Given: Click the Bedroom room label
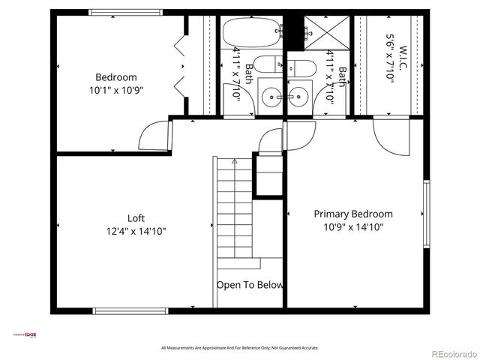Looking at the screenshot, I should click(x=116, y=77).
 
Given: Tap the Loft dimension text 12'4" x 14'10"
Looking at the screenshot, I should click(x=136, y=232).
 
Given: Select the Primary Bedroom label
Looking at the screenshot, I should click(x=352, y=214).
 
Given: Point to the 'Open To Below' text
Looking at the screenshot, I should click(x=250, y=285).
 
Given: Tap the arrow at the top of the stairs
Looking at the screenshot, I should click(x=235, y=160).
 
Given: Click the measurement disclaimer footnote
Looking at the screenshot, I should click(x=240, y=348).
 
